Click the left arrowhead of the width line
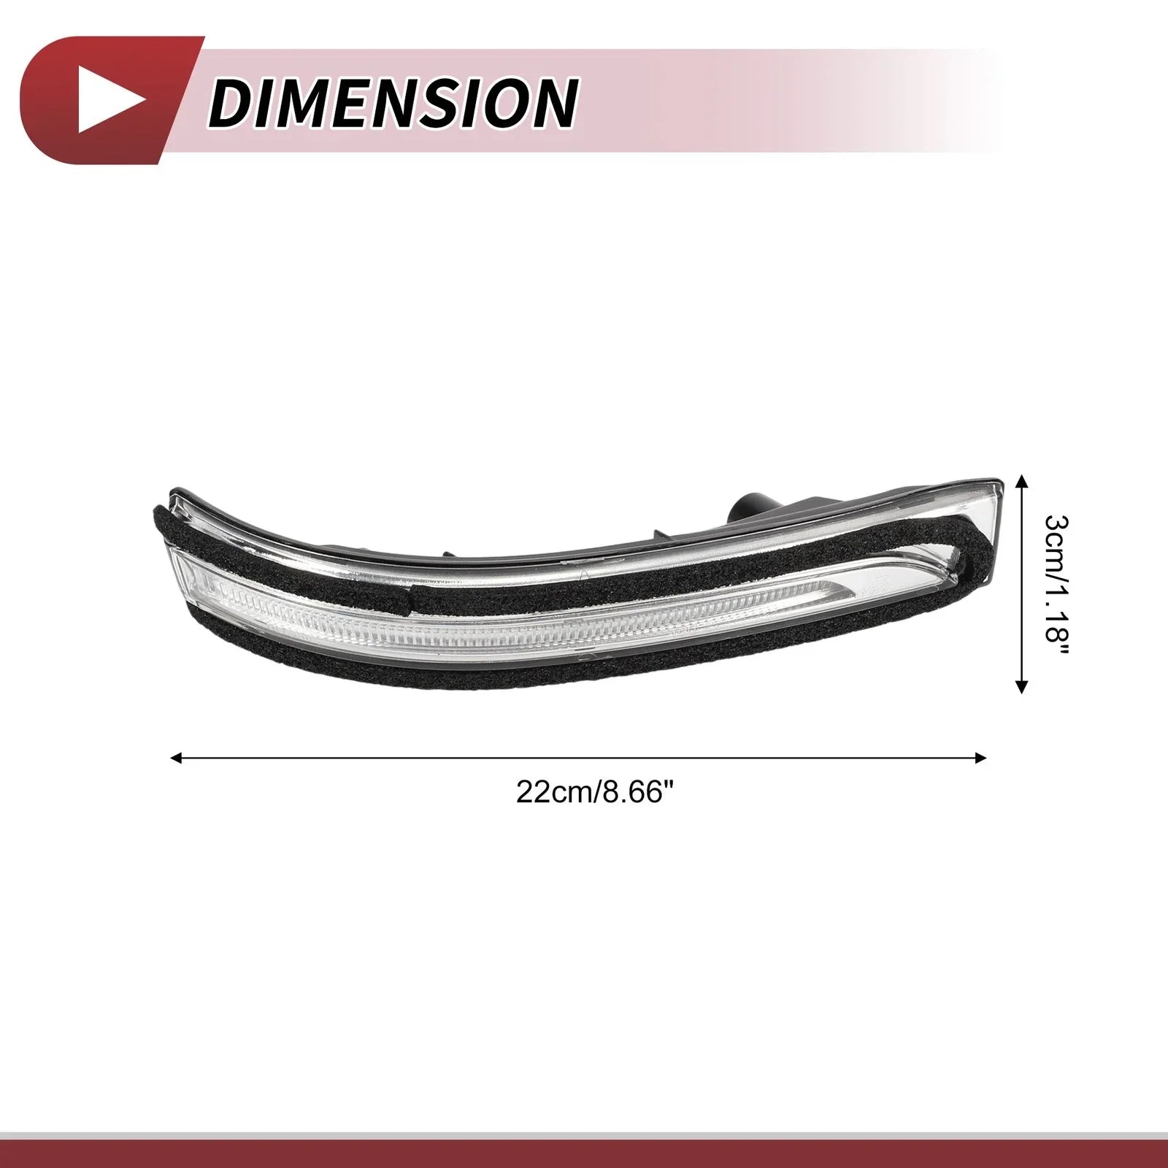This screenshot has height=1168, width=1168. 175,758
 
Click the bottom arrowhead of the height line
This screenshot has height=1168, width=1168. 1022,685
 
